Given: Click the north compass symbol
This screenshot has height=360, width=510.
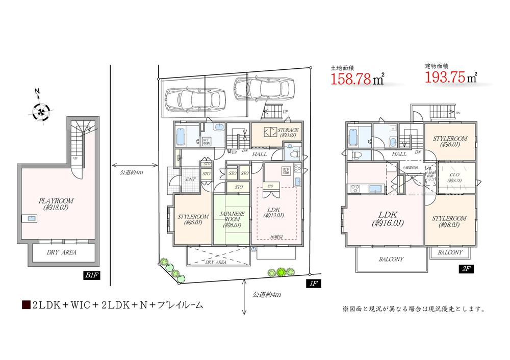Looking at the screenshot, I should point(39,111).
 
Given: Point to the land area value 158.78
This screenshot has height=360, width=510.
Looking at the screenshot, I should point(352,79).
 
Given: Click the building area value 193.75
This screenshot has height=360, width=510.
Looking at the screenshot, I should point(446,78).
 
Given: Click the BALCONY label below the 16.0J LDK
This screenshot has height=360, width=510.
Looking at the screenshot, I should point(391,260).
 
